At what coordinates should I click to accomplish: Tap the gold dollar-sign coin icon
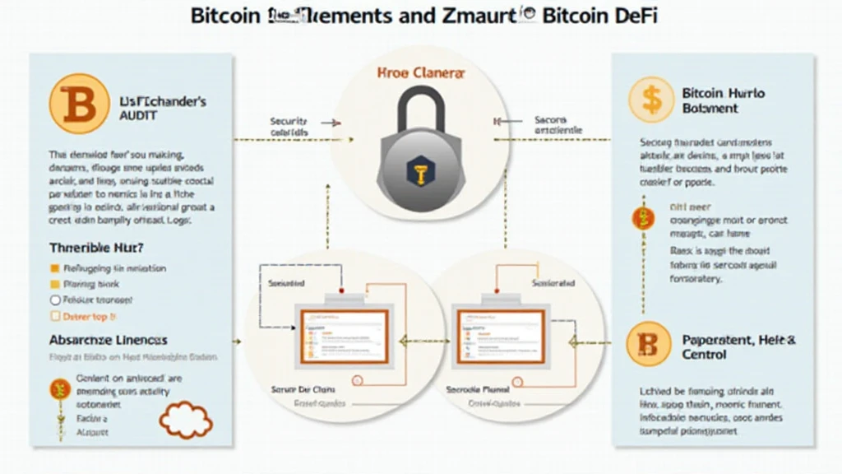651,100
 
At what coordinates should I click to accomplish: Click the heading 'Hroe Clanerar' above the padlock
421,73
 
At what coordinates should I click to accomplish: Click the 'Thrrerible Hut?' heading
97,247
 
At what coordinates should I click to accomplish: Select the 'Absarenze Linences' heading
108,339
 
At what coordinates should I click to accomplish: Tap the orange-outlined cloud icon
186,419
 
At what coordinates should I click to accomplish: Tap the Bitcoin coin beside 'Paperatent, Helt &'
650,345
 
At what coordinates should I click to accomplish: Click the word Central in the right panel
705,355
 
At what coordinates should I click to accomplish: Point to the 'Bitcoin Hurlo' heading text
723,93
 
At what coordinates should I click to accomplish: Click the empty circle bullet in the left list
56,300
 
